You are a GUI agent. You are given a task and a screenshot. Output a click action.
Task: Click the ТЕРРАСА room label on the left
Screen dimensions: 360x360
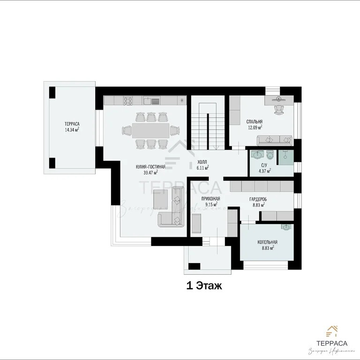72,124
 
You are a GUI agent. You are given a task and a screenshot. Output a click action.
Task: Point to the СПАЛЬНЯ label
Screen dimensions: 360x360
254,121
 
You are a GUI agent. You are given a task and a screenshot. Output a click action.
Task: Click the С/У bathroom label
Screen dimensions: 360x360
264,165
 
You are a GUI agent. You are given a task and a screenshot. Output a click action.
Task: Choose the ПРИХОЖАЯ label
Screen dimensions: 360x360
210,199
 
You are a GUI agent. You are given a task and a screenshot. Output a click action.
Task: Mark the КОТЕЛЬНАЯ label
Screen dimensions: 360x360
267,242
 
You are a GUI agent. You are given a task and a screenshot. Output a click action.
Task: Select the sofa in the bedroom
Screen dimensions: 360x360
275,139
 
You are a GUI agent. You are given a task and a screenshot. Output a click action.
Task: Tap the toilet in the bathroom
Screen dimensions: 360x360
269,154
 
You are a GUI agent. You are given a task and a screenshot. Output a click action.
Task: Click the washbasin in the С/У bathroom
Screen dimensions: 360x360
256,154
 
